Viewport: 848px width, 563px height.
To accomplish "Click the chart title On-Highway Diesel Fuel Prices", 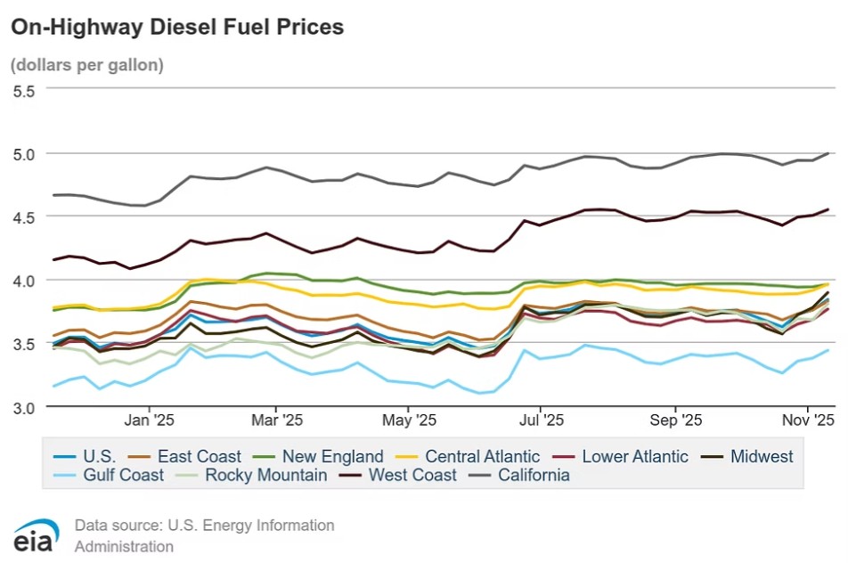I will tap(176, 28).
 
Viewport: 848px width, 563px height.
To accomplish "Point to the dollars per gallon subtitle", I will tap(87, 65).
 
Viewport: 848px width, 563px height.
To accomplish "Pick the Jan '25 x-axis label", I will tap(150, 419).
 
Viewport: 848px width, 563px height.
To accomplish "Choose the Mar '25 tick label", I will tap(278, 419).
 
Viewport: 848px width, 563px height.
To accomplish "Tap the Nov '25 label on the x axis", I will tap(807, 419).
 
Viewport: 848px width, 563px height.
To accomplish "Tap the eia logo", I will tap(36, 535).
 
